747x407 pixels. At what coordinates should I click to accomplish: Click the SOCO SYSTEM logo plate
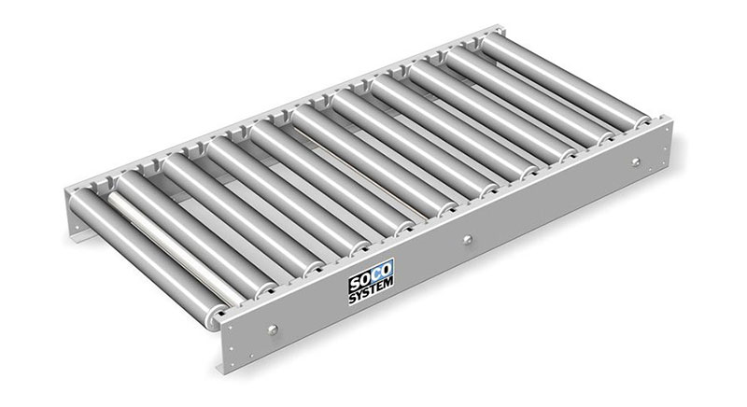tap(371, 281)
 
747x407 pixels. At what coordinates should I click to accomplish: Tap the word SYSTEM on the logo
tap(371, 290)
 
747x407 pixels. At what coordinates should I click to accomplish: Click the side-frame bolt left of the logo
tap(272, 330)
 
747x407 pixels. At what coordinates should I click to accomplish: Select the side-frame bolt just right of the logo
tap(468, 239)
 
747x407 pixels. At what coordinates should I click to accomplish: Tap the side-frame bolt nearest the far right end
tap(635, 161)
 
